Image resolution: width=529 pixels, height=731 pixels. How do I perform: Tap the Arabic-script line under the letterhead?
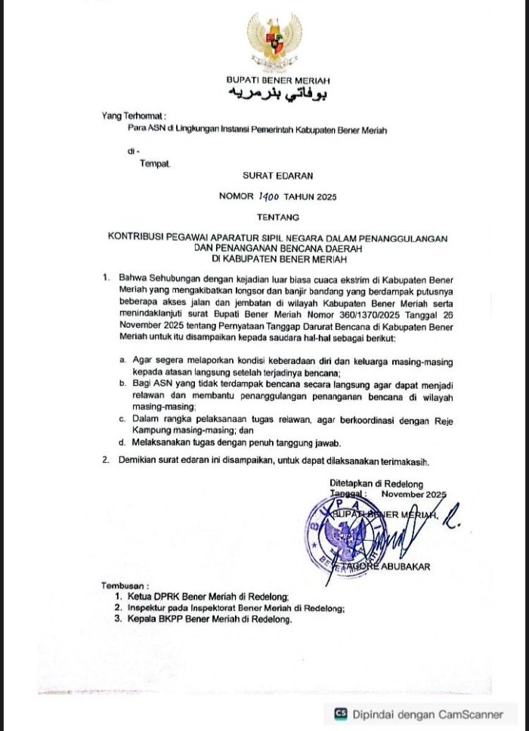click(274, 94)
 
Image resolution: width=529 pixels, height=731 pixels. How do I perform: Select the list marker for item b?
click(122, 384)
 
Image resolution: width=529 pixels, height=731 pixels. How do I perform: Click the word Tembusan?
click(125, 586)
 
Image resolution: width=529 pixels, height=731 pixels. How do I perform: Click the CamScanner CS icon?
click(341, 712)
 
